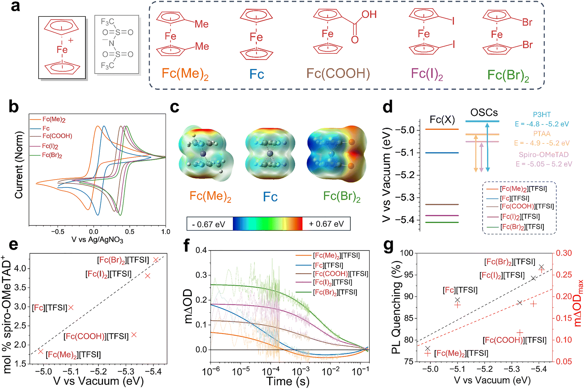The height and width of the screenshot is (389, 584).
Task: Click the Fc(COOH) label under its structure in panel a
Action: click(338, 73)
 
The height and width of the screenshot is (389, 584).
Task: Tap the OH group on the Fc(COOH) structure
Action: click(369, 14)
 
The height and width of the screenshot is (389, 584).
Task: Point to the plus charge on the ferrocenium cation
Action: click(71, 40)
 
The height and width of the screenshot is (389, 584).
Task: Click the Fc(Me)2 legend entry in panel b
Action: click(54, 119)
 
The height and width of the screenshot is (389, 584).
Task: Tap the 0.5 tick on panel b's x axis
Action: click(129, 232)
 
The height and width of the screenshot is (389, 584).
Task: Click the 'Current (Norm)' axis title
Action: click(19, 165)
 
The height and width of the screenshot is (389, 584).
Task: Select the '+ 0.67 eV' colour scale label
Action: click(326, 224)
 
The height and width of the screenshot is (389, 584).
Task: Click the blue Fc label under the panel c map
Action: click(270, 197)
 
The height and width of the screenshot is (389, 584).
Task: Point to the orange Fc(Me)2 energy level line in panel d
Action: click(442, 129)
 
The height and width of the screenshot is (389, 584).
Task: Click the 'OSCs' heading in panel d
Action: click(484, 112)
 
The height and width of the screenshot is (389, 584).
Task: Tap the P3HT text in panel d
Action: click(541, 115)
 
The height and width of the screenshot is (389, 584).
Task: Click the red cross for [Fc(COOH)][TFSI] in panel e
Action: click(134, 335)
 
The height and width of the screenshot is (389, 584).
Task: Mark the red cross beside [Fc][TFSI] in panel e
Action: click(71, 307)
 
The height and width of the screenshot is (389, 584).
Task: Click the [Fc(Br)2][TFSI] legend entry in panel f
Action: click(335, 292)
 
